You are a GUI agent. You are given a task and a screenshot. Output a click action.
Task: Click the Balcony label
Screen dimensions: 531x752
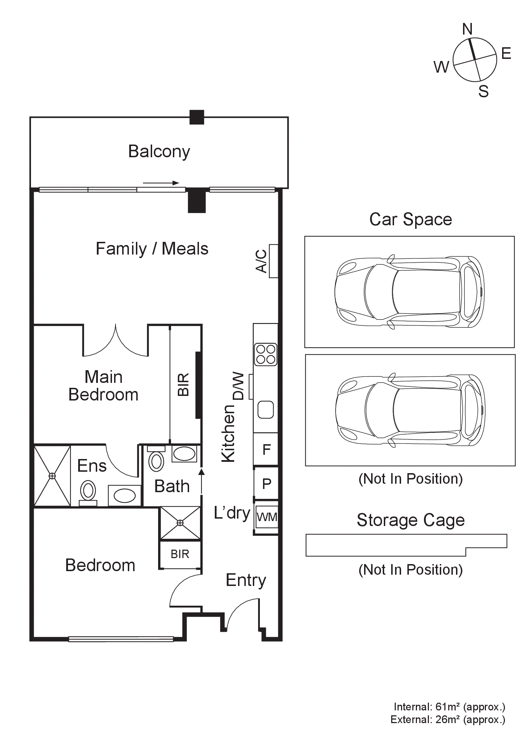(159, 152)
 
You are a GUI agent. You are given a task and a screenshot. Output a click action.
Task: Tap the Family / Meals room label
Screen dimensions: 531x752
(152, 249)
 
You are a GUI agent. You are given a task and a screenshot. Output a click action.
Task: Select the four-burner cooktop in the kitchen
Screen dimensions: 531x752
(265, 354)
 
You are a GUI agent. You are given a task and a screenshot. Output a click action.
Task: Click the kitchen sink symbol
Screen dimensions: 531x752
(266, 410)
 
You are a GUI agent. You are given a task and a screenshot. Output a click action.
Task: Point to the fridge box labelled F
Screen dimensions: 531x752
(266, 449)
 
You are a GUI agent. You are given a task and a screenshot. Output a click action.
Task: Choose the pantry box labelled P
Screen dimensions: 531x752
(266, 483)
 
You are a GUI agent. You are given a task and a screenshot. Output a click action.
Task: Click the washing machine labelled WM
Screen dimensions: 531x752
(267, 517)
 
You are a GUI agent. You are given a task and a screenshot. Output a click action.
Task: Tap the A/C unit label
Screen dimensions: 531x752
(261, 261)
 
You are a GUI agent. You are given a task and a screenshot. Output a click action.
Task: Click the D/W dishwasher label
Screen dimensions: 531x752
(238, 386)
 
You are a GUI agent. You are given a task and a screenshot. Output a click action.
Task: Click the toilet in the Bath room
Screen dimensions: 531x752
(156, 458)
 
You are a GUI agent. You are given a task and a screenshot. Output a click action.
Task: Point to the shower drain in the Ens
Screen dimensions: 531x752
(52, 476)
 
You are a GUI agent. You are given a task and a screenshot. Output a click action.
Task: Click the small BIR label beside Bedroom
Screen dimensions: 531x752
(180, 554)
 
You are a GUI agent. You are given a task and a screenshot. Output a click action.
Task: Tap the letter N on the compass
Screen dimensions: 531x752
(468, 29)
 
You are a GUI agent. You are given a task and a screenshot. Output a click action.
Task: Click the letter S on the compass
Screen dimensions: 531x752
(483, 91)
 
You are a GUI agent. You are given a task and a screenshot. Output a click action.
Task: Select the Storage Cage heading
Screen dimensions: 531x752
(411, 520)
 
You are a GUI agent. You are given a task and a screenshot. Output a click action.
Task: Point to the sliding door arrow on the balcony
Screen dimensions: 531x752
(161, 183)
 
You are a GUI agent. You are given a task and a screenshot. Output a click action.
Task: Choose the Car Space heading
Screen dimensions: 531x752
(411, 219)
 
